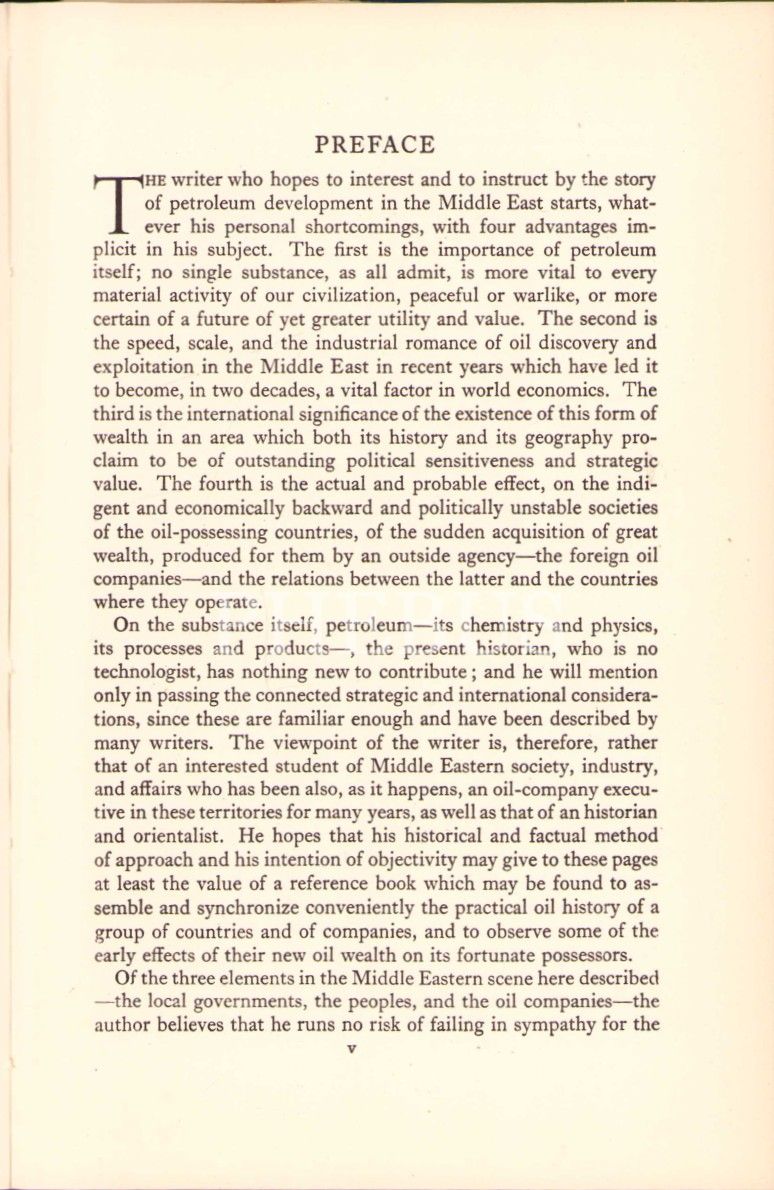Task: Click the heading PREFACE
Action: (375, 145)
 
